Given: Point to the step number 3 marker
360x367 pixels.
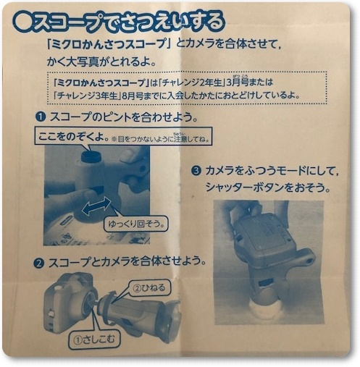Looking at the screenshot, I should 195,172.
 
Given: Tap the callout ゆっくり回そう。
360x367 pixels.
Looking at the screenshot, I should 138,224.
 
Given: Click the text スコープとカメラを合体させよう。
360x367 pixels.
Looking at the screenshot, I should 127,261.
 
